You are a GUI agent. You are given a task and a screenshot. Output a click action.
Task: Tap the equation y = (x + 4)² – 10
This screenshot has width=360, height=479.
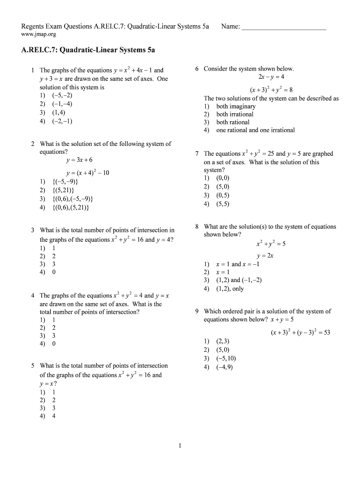88,173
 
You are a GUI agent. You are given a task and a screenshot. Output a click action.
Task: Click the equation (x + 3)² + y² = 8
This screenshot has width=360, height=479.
271,90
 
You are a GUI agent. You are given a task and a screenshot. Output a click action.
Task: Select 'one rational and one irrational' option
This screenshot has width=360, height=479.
255,130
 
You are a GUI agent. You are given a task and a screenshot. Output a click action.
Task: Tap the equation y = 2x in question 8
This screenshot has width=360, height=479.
265,255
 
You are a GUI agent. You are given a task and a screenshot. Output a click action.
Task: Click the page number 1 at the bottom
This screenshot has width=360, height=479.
180,446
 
